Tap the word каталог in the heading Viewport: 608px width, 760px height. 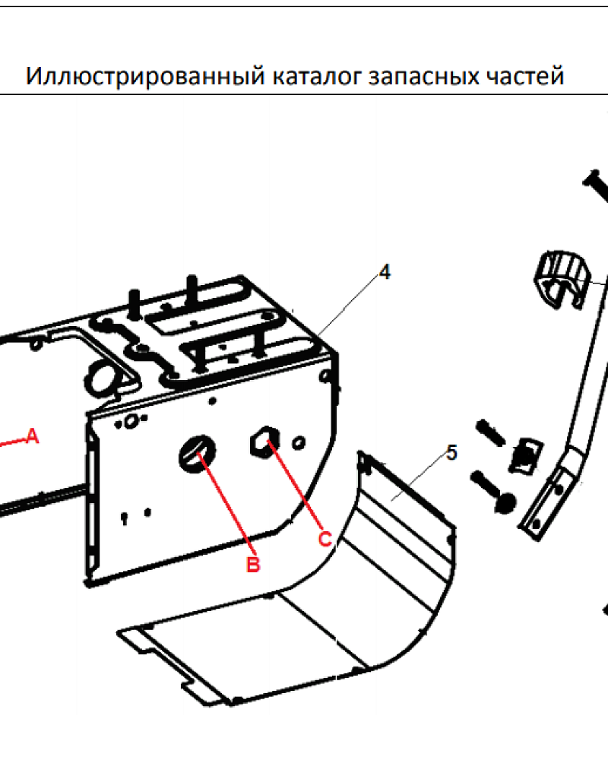click(317, 77)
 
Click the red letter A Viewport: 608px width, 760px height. click(32, 436)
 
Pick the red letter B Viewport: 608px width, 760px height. click(253, 565)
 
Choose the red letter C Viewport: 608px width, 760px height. click(325, 539)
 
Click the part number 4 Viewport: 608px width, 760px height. click(385, 272)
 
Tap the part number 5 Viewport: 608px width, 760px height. click(451, 453)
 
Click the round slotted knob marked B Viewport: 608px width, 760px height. click(196, 453)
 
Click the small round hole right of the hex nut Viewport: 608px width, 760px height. click(299, 442)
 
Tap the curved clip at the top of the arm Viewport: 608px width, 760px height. click(562, 279)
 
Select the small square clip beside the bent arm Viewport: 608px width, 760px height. click(525, 455)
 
